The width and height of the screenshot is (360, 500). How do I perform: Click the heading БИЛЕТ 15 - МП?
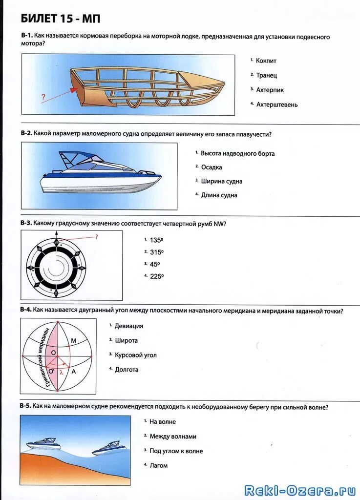coord(61,19)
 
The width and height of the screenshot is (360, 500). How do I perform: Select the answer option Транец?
coord(266,75)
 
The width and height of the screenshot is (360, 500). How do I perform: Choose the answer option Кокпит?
coord(266,61)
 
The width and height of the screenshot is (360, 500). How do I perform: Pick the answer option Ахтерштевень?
coord(276,104)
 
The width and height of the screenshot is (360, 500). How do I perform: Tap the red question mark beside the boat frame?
coord(43,97)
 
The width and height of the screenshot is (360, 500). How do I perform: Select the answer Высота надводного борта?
coord(237,153)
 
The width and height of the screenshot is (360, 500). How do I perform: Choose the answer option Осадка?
coord(212,167)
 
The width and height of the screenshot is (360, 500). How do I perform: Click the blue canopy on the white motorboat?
coord(81,158)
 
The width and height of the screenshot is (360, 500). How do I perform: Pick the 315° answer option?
coord(156,252)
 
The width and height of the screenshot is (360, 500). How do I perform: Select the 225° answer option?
coord(156,276)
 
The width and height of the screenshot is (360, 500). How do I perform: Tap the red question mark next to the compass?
coord(96,237)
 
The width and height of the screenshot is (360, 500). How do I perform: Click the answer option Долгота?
coord(127,370)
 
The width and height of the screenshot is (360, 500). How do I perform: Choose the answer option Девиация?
coord(129,326)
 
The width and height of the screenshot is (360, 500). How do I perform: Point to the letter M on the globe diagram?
coord(74,341)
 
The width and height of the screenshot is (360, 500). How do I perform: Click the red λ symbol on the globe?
coord(61,372)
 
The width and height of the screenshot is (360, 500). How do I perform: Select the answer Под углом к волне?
coord(176,451)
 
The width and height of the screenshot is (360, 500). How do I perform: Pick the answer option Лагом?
coord(158,465)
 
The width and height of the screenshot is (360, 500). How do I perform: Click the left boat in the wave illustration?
coord(44,444)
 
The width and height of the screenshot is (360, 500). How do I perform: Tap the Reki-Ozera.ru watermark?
coord(300,490)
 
